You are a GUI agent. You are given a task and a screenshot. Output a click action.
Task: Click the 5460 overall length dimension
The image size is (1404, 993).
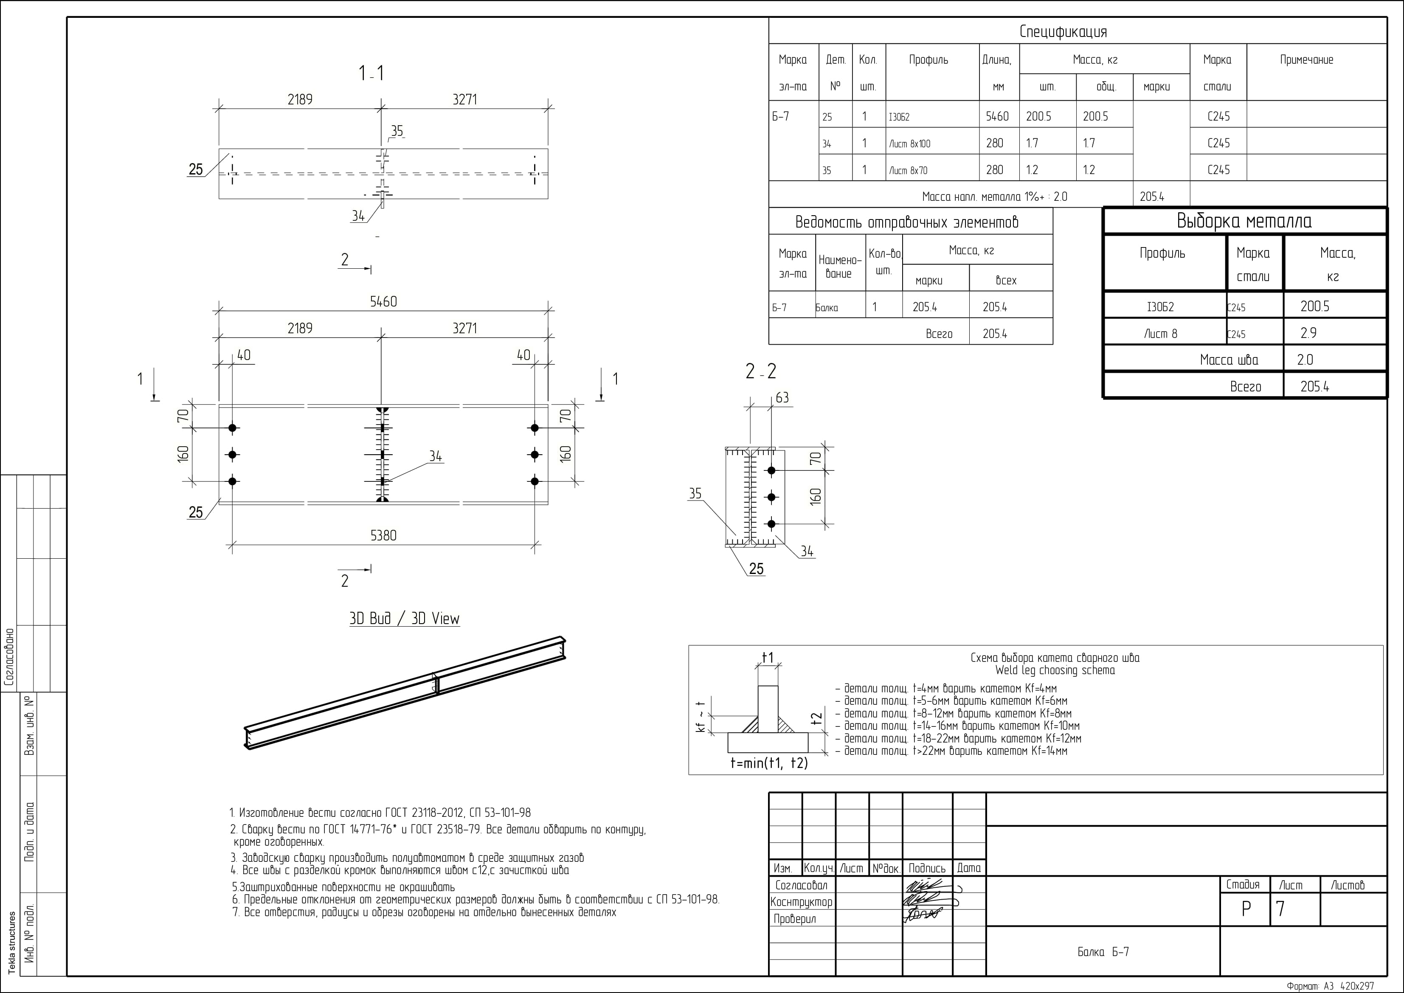[x=383, y=301]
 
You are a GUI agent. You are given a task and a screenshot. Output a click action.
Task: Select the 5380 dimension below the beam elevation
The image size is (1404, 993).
[x=383, y=536]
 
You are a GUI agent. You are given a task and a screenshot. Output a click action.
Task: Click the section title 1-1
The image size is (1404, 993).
[x=371, y=74]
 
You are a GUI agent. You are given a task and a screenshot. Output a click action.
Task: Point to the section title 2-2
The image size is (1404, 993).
[x=761, y=371]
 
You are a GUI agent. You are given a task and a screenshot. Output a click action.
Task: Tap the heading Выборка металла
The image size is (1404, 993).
[x=1244, y=221]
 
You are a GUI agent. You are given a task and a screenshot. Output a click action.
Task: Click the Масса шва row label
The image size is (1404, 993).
[x=1229, y=360]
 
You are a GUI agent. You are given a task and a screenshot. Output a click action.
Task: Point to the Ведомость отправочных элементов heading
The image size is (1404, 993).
[x=907, y=222]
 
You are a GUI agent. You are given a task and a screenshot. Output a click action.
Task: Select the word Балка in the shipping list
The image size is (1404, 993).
[x=826, y=307]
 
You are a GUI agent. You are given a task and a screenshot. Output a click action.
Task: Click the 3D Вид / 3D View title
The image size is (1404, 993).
[x=404, y=619]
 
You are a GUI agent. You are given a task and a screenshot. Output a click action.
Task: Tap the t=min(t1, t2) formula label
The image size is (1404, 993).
[x=768, y=762]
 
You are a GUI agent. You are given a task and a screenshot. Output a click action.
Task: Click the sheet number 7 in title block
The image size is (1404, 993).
[x=1280, y=909]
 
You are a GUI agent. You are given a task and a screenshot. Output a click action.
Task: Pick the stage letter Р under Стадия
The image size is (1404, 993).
[x=1246, y=909]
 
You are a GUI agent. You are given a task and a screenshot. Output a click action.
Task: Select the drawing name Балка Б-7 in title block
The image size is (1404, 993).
[x=1103, y=952]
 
